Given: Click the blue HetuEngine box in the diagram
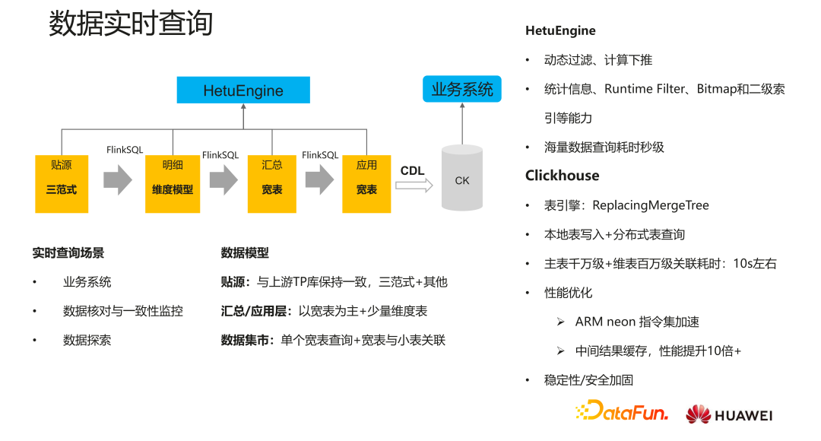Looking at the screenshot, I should tap(243, 90).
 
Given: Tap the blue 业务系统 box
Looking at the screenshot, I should tap(461, 89).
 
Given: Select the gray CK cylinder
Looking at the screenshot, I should tap(462, 178).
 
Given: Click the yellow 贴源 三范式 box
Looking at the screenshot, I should tap(62, 183).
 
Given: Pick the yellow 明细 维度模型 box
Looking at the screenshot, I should tap(173, 183).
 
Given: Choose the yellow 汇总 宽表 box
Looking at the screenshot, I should tap(271, 183).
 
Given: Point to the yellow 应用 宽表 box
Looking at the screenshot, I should tap(366, 183).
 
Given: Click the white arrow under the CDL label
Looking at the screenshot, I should tap(414, 185).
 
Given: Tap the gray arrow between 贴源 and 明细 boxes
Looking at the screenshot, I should tap(117, 180).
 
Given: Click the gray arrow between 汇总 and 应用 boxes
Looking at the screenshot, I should tap(319, 180).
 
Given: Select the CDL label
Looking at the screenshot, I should tap(412, 171).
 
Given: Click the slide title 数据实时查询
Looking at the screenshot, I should tap(130, 24).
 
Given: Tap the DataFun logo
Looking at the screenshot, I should tap(622, 413).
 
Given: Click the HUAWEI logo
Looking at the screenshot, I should tap(728, 414).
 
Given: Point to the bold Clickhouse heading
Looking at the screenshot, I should tap(562, 176).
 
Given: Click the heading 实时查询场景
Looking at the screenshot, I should tap(68, 253).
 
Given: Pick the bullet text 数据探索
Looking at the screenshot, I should tap(87, 340).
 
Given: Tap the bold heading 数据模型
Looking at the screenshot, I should tap(245, 253).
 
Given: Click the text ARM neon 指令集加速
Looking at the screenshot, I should tap(637, 322).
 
